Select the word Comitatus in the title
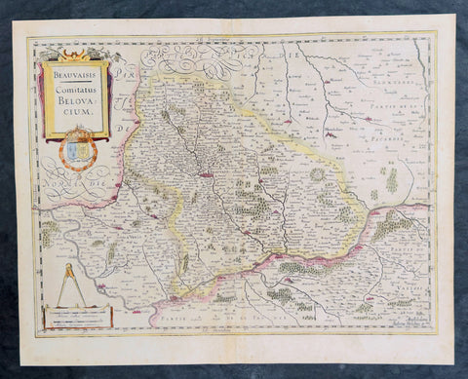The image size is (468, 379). tap(77, 90)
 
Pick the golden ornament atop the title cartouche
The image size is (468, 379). tap(73, 57)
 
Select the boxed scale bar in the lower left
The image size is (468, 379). tap(77, 317)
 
